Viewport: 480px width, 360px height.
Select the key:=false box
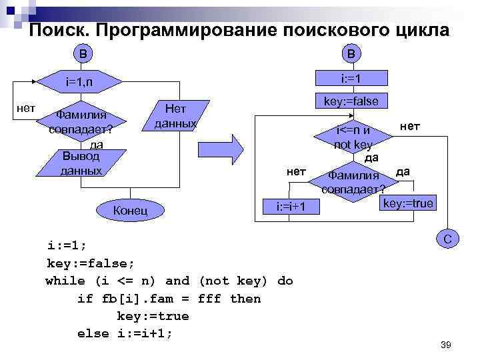tap(351, 101)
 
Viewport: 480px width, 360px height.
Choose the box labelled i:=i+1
tap(291, 207)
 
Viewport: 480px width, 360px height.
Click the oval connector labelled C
tap(449, 239)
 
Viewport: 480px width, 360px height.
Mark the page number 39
tap(446, 345)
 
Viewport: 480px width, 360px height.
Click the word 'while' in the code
tap(66, 281)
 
